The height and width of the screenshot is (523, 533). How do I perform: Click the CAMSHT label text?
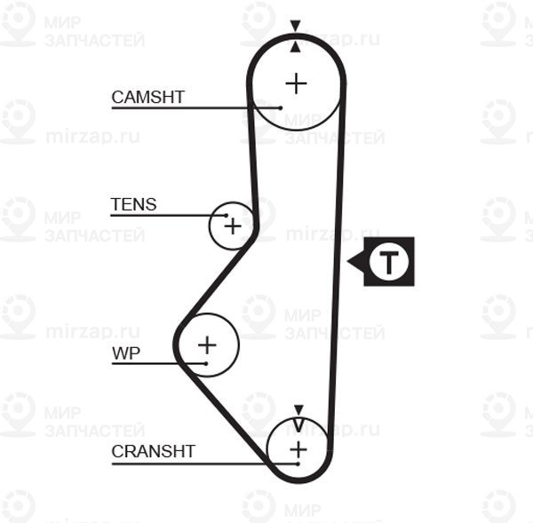[x=147, y=97]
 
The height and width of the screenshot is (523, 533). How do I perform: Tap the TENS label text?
[x=133, y=204]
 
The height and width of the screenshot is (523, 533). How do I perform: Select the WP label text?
[x=126, y=353]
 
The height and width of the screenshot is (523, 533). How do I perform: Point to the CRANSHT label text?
[x=154, y=451]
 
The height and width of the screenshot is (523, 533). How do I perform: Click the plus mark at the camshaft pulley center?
[x=297, y=83]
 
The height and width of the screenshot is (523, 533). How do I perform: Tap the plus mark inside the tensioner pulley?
[x=233, y=226]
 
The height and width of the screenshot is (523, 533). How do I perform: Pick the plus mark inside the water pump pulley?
[x=207, y=345]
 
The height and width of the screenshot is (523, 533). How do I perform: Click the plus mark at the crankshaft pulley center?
[x=298, y=449]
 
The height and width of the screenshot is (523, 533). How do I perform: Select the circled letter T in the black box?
[x=389, y=262]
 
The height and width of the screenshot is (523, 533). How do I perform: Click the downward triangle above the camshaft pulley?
[x=296, y=26]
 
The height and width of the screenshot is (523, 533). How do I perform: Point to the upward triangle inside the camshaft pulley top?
[x=296, y=47]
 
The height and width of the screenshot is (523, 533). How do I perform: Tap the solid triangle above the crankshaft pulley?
[x=298, y=410]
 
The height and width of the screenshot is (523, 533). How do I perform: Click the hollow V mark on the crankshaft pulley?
[x=298, y=425]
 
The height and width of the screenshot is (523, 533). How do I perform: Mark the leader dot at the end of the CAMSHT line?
[x=281, y=108]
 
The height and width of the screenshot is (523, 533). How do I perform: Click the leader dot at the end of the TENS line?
[x=227, y=216]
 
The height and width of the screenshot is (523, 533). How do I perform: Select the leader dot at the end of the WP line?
[x=206, y=364]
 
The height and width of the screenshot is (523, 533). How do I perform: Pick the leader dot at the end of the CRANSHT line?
[x=298, y=464]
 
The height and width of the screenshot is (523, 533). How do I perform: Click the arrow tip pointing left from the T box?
[x=347, y=261]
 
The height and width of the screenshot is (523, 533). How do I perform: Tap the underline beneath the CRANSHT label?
[x=204, y=464]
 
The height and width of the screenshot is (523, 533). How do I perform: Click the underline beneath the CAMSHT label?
[x=195, y=108]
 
